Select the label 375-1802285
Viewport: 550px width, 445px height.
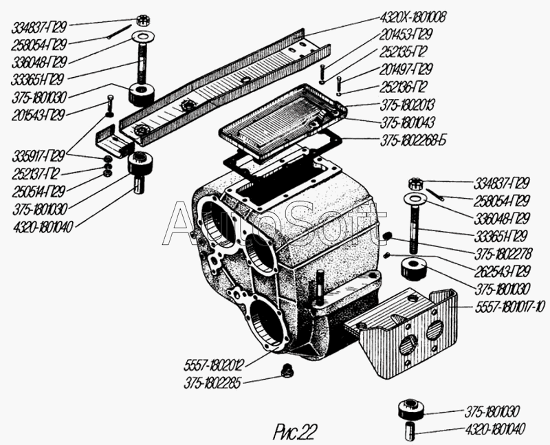[212, 384]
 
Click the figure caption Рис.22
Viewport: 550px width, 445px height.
[295, 432]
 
